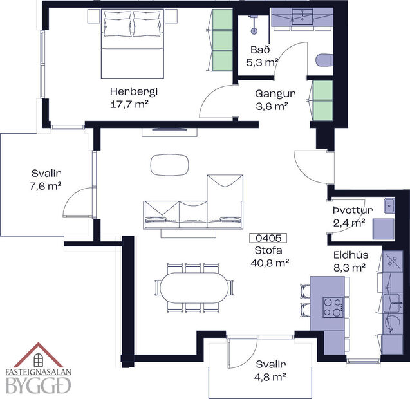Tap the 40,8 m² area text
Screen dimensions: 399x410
click(x=268, y=262)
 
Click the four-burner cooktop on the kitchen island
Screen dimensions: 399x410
click(x=332, y=306)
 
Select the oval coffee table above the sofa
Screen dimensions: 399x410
click(x=170, y=165)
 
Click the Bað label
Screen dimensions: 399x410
click(x=261, y=50)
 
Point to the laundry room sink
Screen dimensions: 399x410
click(x=389, y=206)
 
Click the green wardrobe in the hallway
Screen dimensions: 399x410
click(x=322, y=100)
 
